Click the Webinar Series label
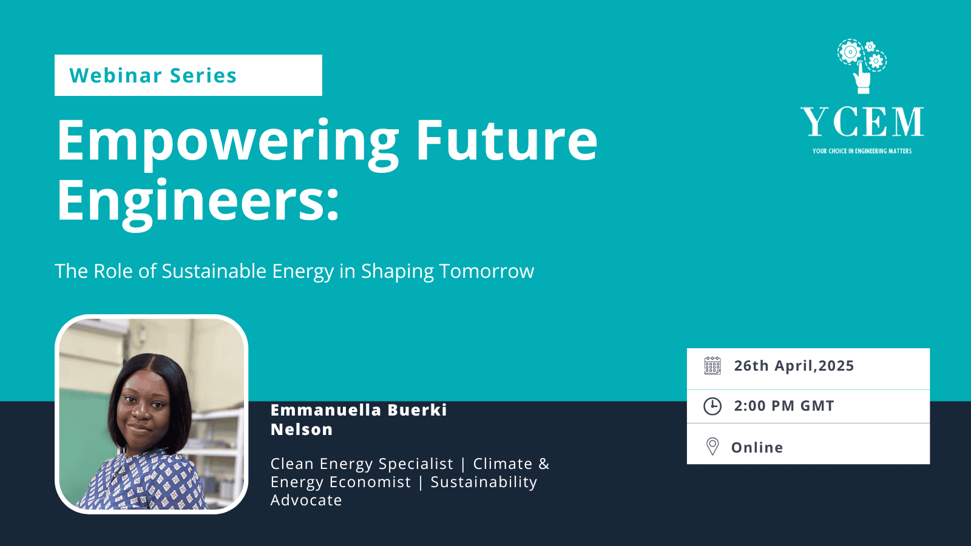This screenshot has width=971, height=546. click(x=153, y=75)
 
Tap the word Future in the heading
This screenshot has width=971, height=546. click(x=507, y=139)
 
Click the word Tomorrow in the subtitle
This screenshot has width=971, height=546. click(x=486, y=271)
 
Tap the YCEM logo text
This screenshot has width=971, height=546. click(x=862, y=122)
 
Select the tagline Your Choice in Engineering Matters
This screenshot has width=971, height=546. click(x=862, y=151)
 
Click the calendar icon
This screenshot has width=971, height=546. click(x=712, y=366)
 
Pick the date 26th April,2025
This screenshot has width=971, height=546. click(x=794, y=366)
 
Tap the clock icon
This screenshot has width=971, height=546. click(x=712, y=406)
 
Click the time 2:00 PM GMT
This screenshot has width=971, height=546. click(x=784, y=406)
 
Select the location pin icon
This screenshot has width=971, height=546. click(x=712, y=447)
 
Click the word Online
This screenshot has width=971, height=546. click(x=757, y=448)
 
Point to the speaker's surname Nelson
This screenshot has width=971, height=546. click(x=302, y=430)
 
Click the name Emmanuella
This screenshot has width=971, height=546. click(x=325, y=410)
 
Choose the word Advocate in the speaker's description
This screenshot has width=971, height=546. click(x=306, y=500)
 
